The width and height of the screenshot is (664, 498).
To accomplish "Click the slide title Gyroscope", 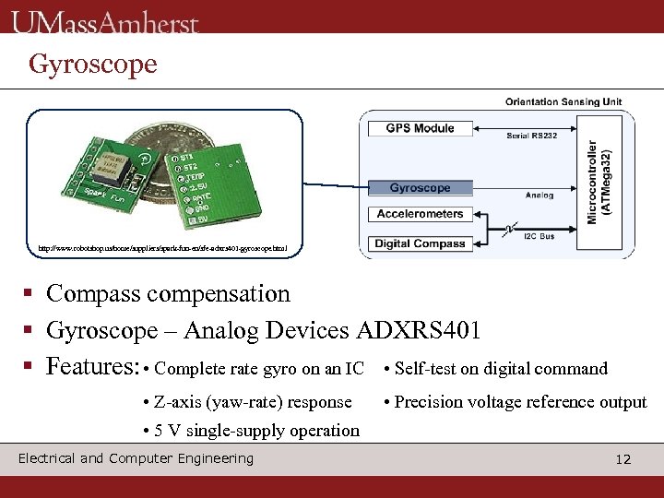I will coord(92,64).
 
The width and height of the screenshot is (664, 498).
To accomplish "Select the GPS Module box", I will coord(420,128).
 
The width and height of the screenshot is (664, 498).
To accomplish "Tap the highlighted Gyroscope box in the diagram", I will coord(420,188).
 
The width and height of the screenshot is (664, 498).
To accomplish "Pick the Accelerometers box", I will coord(420,214).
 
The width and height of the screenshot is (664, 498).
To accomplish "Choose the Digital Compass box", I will coord(420,244).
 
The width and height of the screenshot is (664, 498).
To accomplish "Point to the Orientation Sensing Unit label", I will coord(563,101).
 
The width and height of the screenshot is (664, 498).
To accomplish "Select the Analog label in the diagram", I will coord(539,196).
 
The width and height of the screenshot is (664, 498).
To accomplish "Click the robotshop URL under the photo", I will coord(163,248).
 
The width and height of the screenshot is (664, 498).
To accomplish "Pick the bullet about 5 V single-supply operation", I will coord(252,431).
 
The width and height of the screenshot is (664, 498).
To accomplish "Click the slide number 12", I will coord(623,459).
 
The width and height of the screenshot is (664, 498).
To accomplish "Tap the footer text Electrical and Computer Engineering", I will coord(136,458).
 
